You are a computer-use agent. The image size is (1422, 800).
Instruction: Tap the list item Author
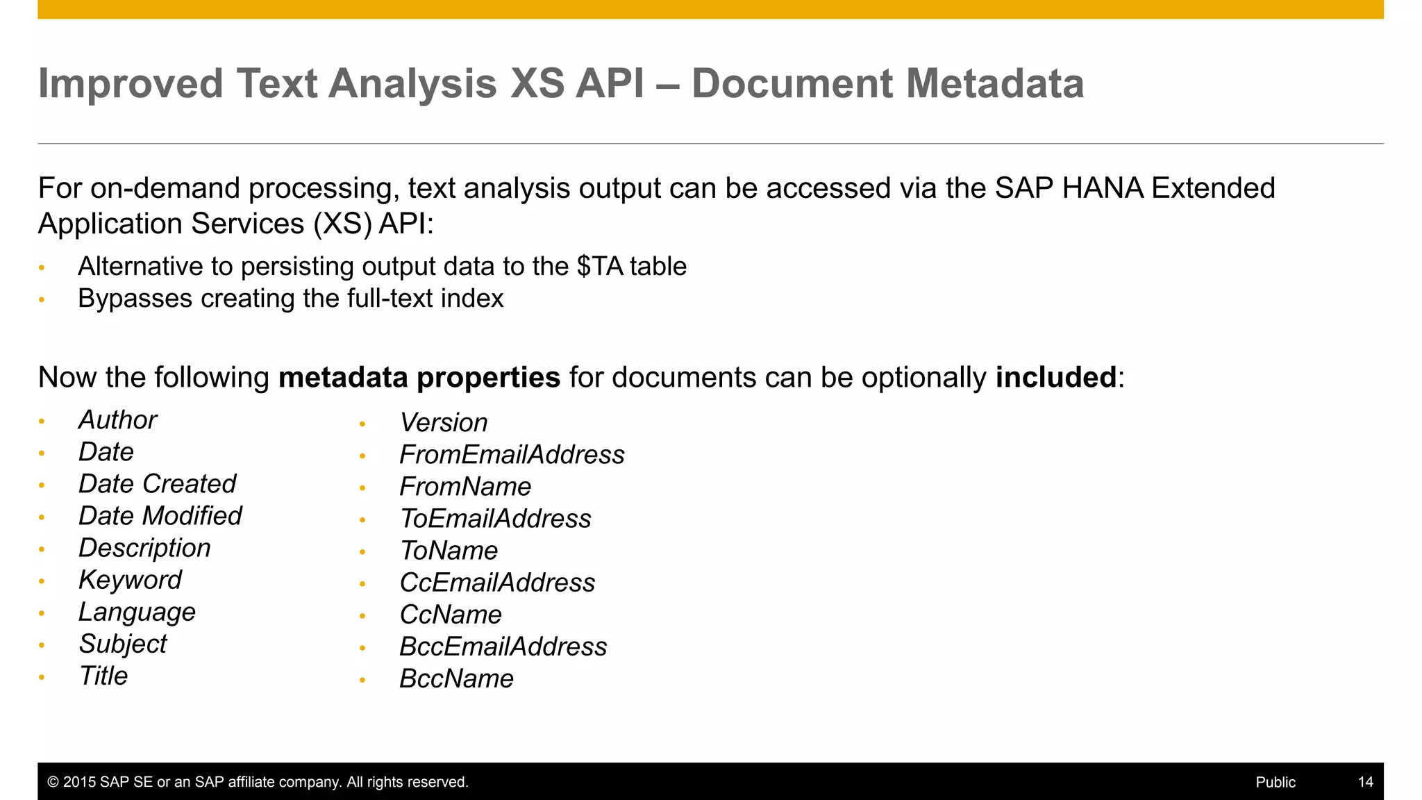[x=118, y=420]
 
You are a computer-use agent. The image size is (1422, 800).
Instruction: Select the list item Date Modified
[x=160, y=516]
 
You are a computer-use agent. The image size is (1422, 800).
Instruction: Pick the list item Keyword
[x=130, y=580]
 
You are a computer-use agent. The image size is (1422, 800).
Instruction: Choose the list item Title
[x=103, y=676]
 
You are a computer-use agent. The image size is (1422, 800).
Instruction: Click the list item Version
[x=444, y=423]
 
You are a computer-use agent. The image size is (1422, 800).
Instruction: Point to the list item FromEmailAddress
[x=512, y=455]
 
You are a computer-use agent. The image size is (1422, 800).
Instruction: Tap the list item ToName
[x=449, y=551]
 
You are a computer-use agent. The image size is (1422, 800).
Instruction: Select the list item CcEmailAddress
[x=497, y=583]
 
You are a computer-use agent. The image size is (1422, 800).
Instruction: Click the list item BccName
[x=456, y=678]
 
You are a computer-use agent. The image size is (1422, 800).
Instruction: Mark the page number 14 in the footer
[x=1365, y=782]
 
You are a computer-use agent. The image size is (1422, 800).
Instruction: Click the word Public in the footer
[x=1275, y=782]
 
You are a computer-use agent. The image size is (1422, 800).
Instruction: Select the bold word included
[x=1055, y=378]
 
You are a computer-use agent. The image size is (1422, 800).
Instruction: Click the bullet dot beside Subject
[x=42, y=645]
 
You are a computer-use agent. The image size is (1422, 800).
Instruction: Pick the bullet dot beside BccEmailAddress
[x=362, y=648]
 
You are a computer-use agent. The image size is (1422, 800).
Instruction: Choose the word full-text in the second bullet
[x=390, y=299]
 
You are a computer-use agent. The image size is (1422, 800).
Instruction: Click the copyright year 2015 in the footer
[x=79, y=782]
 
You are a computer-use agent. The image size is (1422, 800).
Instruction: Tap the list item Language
[x=137, y=612]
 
